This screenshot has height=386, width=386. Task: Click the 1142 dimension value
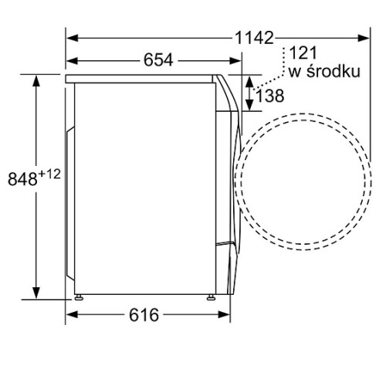tap(254, 38)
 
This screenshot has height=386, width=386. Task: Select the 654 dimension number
tap(158, 60)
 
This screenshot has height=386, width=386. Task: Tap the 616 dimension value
tap(144, 315)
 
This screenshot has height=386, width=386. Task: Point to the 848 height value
tap(22, 179)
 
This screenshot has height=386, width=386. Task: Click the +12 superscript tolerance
tap(49, 174)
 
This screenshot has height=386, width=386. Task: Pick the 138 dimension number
tap(270, 96)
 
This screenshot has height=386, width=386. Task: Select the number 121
tap(303, 53)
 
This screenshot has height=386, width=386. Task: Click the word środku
tap(334, 71)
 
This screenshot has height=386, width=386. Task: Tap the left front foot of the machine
tap(79, 297)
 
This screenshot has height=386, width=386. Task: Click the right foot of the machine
tap(212, 297)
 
